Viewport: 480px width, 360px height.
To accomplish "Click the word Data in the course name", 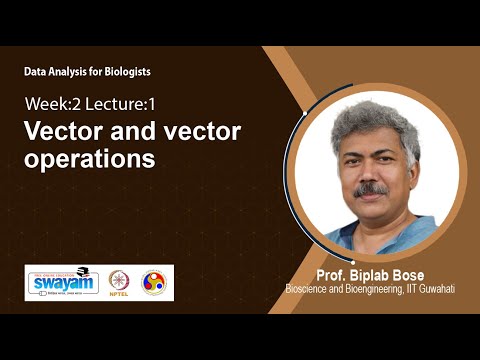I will (x=36, y=72).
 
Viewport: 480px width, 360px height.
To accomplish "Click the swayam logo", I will (x=61, y=281).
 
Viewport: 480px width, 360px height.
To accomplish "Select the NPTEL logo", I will (x=118, y=282).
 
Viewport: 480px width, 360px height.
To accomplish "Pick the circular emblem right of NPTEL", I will (x=154, y=281).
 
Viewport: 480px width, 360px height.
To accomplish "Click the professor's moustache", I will (x=372, y=187).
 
